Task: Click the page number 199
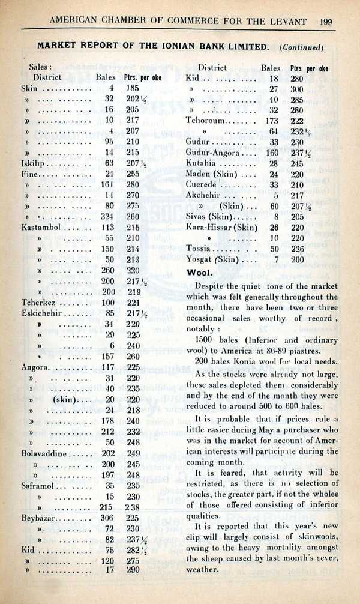tap(326, 22)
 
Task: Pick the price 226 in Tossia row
tap(297, 249)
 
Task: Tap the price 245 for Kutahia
tap(297, 163)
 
